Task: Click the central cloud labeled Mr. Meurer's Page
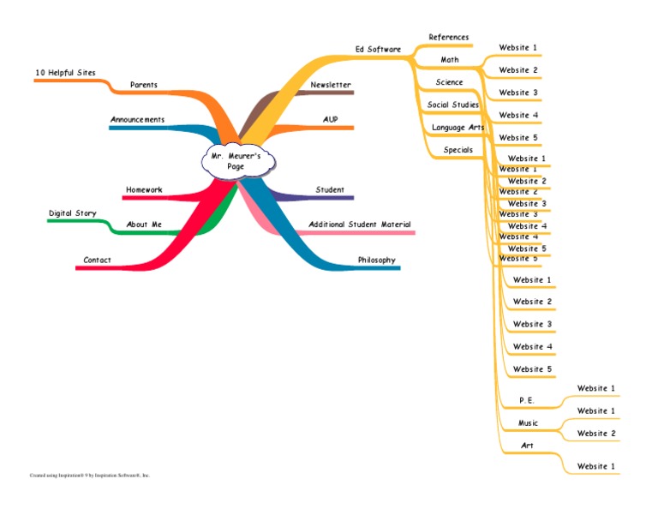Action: (236, 161)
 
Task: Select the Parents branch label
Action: (143, 85)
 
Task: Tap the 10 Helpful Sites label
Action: (65, 73)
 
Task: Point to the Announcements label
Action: (137, 119)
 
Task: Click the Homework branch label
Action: (144, 189)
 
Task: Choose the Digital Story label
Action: (72, 213)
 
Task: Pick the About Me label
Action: (144, 225)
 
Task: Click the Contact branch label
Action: (97, 260)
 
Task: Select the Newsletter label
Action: (331, 85)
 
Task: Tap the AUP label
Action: (331, 119)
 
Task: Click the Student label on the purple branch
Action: (330, 189)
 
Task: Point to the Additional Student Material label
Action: (359, 225)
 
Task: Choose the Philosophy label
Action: (377, 260)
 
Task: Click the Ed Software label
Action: (378, 49)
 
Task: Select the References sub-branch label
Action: (449, 37)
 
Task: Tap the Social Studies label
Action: (453, 105)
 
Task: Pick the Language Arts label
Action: (458, 128)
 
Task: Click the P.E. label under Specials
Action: (526, 400)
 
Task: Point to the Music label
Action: (529, 423)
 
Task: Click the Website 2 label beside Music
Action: (596, 434)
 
